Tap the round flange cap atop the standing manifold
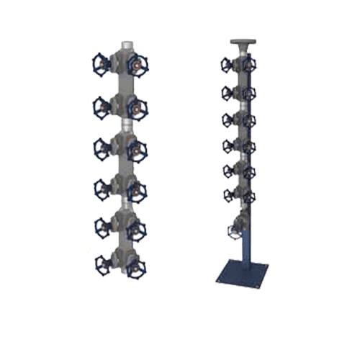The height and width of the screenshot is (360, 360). tap(243, 42)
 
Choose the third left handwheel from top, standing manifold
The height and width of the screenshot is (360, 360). tap(228, 117)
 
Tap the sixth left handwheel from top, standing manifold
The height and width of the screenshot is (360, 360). tap(230, 194)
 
